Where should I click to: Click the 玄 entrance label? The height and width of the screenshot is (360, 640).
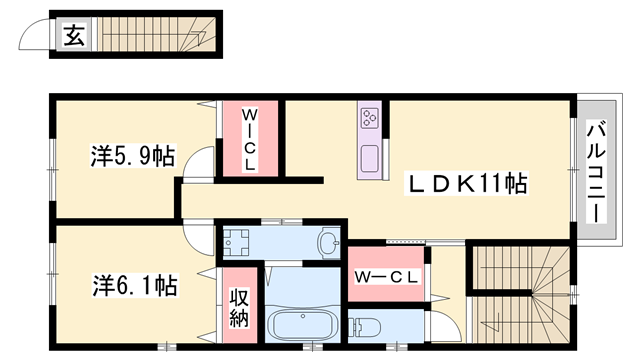pos(74,37)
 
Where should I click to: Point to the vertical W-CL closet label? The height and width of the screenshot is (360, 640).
pos(250,141)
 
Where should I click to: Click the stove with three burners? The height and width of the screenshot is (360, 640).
pos(368,118)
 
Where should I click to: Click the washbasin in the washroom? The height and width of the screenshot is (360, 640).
pos(327,241)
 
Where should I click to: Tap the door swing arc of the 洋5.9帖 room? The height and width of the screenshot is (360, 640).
pos(200,161)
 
